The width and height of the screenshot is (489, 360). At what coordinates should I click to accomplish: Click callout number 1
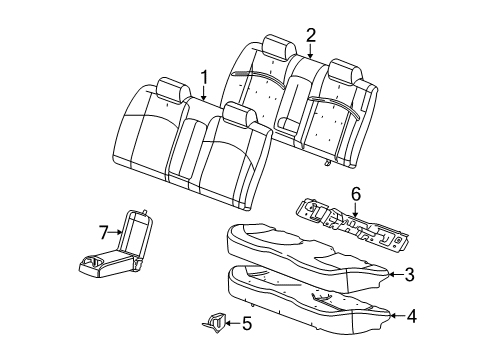point(204,75)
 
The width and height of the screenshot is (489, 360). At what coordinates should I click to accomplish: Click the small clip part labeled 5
point(215,321)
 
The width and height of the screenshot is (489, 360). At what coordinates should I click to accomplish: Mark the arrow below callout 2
point(311,51)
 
